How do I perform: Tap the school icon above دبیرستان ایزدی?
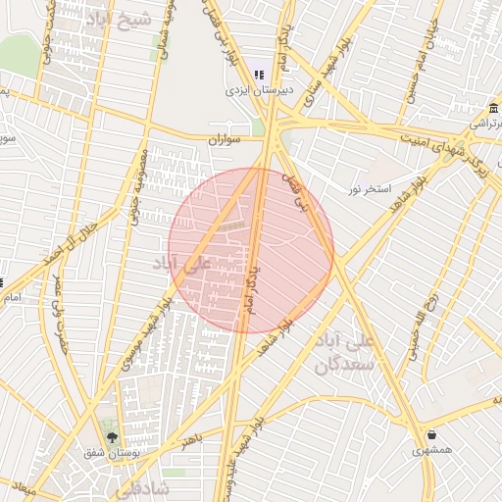(259, 75)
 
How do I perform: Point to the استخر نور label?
(370, 186)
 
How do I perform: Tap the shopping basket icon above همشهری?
(431, 434)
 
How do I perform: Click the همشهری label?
(432, 450)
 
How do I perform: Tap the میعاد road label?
(24, 487)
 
